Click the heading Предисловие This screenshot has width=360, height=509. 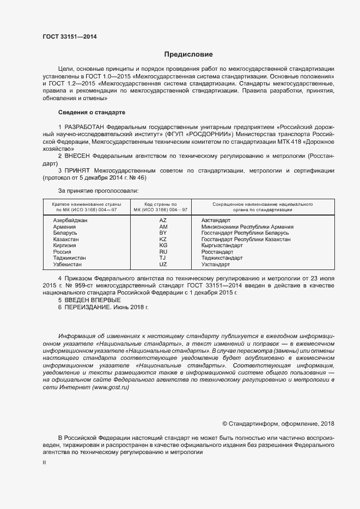click(x=188, y=54)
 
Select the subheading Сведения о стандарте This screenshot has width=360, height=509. click(x=91, y=112)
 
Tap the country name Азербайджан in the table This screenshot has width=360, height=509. click(x=70, y=220)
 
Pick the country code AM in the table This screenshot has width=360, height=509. click(x=163, y=226)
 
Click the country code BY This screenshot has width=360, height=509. click(x=163, y=233)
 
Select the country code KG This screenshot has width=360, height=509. click(x=163, y=246)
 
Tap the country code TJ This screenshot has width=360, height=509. click(x=163, y=258)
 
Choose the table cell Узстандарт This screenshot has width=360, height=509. click(x=216, y=265)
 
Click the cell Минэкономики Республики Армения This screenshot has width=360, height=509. click(x=247, y=226)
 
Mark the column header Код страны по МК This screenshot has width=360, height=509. click(x=163, y=206)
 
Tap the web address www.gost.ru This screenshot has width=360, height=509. click(x=111, y=387)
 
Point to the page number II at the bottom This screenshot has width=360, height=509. click(x=44, y=462)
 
